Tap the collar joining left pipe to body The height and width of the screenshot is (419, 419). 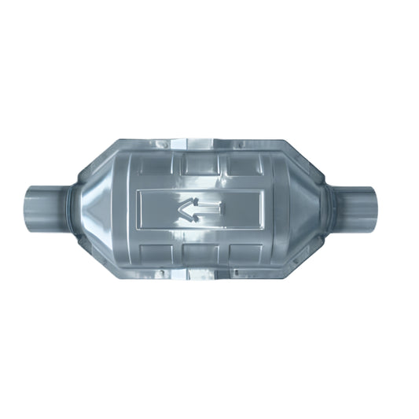(72, 207)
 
